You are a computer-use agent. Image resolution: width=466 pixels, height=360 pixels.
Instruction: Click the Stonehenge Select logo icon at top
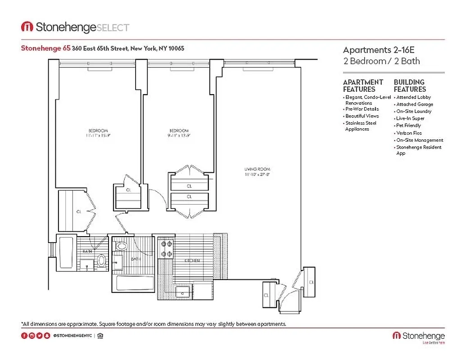[27, 27]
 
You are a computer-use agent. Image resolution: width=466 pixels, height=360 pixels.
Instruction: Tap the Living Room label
[257, 169]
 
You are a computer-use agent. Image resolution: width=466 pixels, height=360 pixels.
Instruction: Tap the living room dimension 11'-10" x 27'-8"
[257, 174]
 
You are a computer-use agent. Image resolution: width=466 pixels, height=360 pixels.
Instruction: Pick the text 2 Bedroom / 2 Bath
[381, 61]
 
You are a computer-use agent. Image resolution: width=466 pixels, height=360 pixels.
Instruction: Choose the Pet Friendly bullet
[408, 126]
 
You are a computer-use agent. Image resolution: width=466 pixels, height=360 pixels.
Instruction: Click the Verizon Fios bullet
[409, 133]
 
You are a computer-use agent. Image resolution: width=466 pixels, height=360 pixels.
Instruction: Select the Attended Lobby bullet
[413, 97]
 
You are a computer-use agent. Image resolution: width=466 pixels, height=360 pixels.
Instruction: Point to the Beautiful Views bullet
[362, 116]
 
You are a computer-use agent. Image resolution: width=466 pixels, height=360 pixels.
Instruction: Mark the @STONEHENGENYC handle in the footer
[72, 336]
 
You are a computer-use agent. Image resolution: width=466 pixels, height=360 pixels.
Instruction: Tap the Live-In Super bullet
[410, 118]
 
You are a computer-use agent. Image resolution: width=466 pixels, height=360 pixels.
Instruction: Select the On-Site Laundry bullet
[414, 111]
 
